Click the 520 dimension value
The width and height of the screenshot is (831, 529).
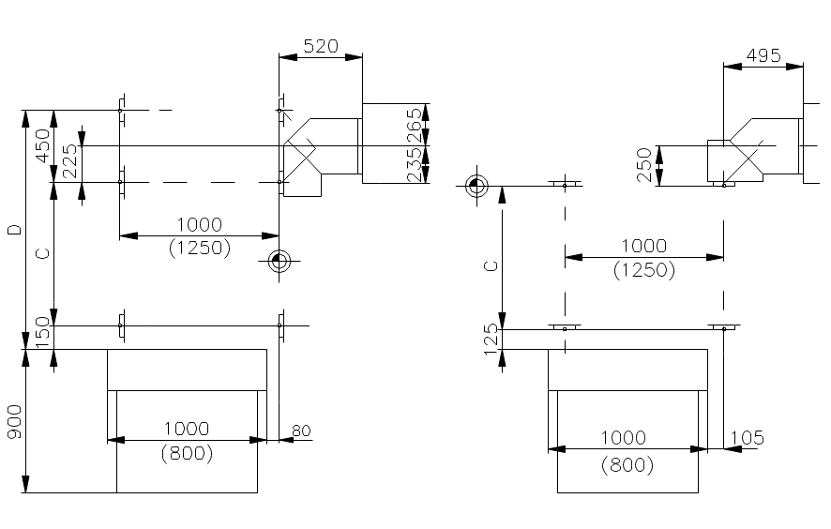click(x=321, y=46)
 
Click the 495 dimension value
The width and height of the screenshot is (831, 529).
click(x=763, y=55)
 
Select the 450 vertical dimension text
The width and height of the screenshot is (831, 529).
click(x=42, y=145)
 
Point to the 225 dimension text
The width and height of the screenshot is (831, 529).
click(x=70, y=161)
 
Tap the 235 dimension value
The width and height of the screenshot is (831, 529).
click(x=415, y=165)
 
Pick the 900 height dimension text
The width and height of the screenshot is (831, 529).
click(x=15, y=422)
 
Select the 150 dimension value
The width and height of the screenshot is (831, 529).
click(x=43, y=332)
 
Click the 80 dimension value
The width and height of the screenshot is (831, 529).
click(x=301, y=431)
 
